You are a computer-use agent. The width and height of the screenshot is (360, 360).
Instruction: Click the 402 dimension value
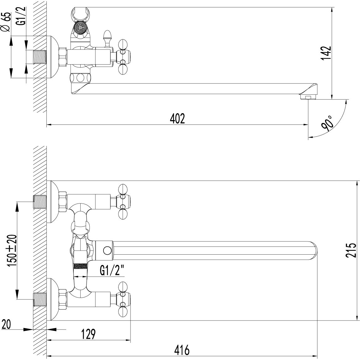177,119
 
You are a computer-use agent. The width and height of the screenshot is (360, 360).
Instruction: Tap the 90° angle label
327,123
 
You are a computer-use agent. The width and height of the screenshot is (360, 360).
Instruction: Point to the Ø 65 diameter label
6,22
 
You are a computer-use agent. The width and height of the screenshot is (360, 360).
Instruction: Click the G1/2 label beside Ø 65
21,16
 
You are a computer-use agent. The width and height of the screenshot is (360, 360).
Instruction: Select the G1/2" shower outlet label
112,271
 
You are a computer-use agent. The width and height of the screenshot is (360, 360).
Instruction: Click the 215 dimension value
351,250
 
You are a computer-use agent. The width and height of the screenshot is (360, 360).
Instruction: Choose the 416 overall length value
182,350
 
